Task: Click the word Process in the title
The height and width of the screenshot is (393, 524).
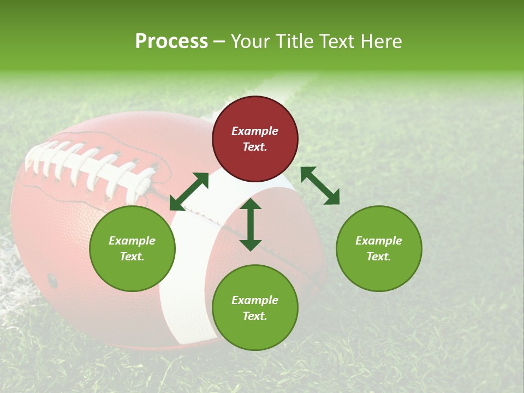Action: [x=171, y=41]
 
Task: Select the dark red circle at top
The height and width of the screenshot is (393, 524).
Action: [x=255, y=139]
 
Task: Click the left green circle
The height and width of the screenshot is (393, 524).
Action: [x=132, y=248]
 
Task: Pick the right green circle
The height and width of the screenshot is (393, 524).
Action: [x=379, y=248]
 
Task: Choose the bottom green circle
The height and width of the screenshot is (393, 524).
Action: [x=255, y=308]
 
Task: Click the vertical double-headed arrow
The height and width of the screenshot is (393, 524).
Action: [x=251, y=225]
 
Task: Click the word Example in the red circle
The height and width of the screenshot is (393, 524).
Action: [x=255, y=131]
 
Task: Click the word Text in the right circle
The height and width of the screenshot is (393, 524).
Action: [x=378, y=257]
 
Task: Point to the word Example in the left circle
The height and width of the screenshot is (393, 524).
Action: [x=132, y=241]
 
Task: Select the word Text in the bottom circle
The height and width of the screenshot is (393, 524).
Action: [x=254, y=316]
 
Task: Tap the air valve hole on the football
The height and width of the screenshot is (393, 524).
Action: [x=52, y=281]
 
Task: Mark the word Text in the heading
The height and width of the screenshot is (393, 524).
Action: [x=339, y=41]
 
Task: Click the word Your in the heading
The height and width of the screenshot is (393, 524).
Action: [x=251, y=41]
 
